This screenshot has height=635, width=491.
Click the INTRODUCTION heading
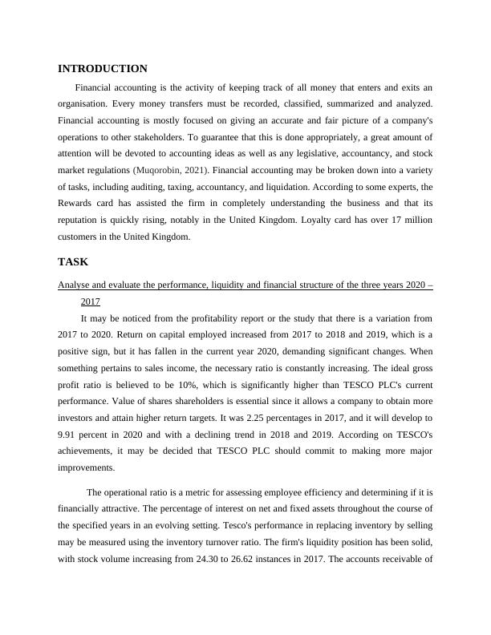click(103, 69)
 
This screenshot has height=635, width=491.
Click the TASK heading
click(73, 262)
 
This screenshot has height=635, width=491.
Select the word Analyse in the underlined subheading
click(75, 286)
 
